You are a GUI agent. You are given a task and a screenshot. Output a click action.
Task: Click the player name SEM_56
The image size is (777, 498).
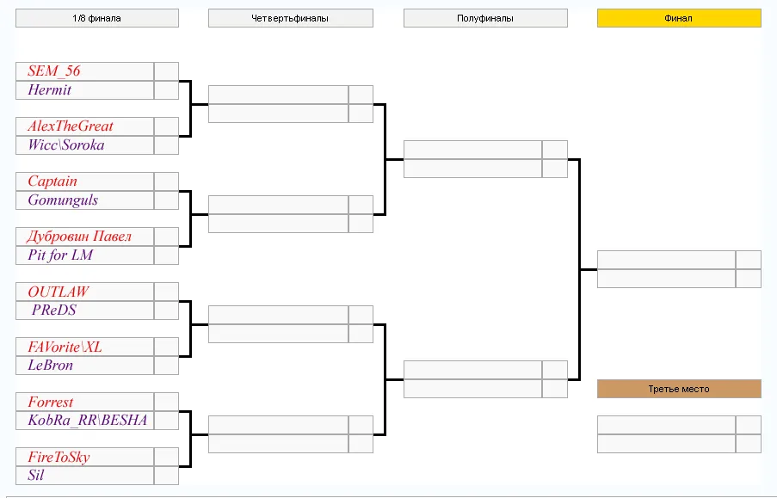[53, 71]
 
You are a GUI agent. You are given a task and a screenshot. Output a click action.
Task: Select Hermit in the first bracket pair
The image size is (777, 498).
[50, 89]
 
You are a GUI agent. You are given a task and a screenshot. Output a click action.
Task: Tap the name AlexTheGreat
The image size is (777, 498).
[71, 126]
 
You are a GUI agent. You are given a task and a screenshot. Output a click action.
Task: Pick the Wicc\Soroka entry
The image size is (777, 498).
[66, 144]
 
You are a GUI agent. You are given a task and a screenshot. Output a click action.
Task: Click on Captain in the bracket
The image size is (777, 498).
[52, 181]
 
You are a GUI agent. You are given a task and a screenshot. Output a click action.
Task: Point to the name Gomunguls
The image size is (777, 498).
[63, 200]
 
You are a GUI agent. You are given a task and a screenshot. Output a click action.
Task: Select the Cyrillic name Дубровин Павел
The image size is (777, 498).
[79, 237]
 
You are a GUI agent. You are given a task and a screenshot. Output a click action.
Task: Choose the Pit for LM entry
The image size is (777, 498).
[60, 255]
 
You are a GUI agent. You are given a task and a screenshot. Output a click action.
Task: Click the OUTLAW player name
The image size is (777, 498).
[58, 292]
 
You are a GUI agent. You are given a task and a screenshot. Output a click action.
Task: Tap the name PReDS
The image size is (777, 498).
[54, 310]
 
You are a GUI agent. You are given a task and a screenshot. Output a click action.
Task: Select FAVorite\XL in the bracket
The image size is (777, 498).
[65, 347]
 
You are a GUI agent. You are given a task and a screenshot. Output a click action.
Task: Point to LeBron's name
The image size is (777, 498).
[51, 366]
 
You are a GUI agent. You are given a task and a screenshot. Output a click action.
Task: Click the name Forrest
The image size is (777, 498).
[51, 402]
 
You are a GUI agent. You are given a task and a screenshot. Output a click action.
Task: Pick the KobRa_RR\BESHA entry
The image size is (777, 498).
[88, 421]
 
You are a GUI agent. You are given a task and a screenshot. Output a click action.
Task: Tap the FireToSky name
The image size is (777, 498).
[59, 457]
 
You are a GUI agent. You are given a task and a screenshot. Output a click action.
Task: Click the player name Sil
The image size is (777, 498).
[35, 475]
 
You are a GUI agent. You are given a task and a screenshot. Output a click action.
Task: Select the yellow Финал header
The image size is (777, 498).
[679, 18]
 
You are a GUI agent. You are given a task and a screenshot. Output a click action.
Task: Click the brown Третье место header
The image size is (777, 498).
[679, 389]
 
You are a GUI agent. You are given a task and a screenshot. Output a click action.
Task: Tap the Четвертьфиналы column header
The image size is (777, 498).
[290, 18]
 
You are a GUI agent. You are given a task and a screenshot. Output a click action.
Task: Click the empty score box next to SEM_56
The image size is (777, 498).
[166, 71]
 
